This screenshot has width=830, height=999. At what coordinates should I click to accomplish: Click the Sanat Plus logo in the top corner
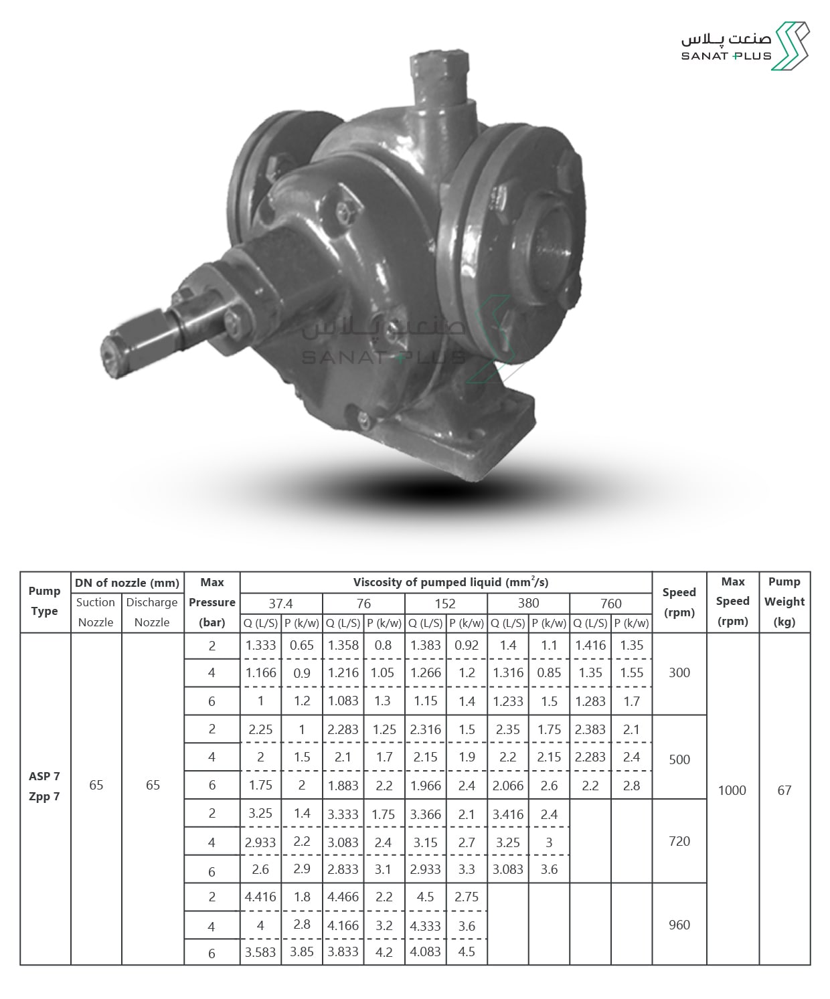[x=745, y=46]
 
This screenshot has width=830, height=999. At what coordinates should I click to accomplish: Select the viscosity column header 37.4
[x=281, y=604]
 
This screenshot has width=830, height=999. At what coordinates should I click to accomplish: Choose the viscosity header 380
[x=528, y=604]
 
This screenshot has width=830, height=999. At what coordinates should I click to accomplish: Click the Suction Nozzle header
[x=96, y=612]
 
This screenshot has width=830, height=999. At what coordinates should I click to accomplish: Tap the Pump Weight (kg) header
[x=784, y=602]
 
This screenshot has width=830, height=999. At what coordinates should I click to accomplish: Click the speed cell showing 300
[x=679, y=672]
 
